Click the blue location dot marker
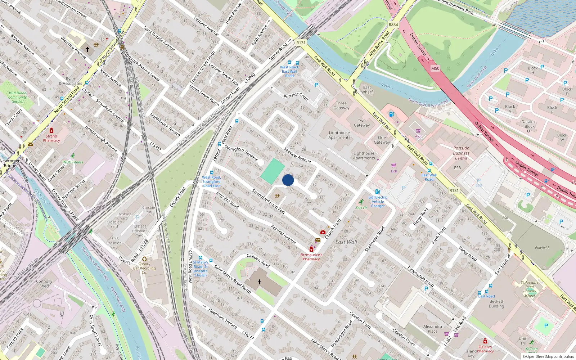click(x=288, y=180)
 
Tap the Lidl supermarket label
click(x=394, y=171)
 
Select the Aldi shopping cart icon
click(x=418, y=131)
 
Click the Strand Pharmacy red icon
click(x=51, y=131)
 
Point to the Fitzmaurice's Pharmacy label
click(x=311, y=257)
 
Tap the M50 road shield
click(x=435, y=68)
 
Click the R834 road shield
click(x=393, y=25)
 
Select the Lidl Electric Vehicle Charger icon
click(x=377, y=192)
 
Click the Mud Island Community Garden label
click(x=17, y=97)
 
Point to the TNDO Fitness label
click(x=72, y=162)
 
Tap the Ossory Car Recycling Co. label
click(x=144, y=268)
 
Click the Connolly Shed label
click(x=44, y=284)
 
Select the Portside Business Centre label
click(x=461, y=153)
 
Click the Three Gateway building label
click(x=341, y=105)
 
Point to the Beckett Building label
click(x=496, y=304)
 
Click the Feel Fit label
click(x=361, y=208)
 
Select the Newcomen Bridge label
click(x=10, y=163)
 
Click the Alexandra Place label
click(x=433, y=329)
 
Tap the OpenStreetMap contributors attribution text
click(x=550, y=356)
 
